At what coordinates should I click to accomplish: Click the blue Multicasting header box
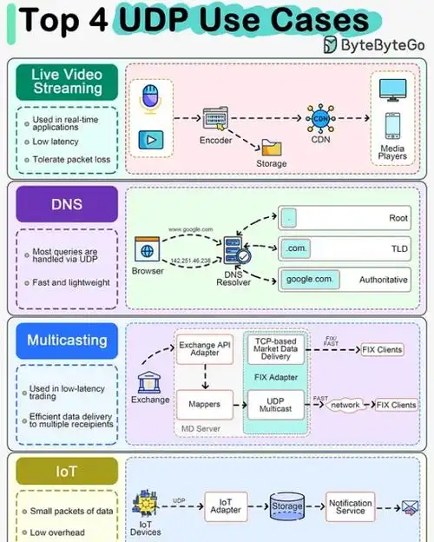click(x=66, y=340)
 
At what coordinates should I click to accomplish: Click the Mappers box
click(x=205, y=404)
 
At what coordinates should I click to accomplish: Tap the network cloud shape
click(x=345, y=405)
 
